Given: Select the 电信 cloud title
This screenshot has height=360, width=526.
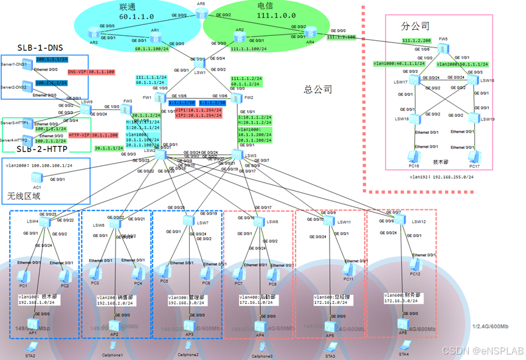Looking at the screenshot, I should tap(268, 7).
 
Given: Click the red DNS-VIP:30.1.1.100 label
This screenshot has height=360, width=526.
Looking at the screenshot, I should tap(91, 72).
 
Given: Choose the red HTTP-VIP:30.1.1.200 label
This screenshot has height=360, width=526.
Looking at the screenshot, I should tap(93, 134).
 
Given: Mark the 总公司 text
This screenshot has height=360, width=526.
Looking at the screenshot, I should tap(318, 89).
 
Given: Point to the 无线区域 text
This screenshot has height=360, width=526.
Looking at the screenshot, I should tap(24, 196).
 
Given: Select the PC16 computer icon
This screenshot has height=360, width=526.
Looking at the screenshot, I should tap(414, 157).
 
